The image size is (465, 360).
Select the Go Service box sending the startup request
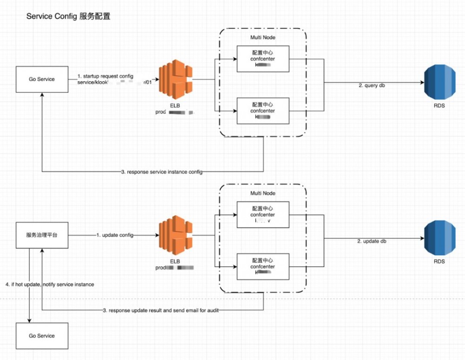click(41, 79)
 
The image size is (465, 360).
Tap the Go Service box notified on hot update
click(41, 336)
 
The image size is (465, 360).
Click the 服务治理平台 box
click(41, 236)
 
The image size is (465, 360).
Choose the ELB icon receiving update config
click(176, 236)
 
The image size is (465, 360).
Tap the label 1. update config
click(115, 236)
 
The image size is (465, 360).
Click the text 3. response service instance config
click(162, 172)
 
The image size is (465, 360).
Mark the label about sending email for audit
click(160, 310)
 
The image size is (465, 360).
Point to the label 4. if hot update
click(50, 284)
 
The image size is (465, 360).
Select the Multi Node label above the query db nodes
click(263, 37)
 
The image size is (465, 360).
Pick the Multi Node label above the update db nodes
click(263, 193)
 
